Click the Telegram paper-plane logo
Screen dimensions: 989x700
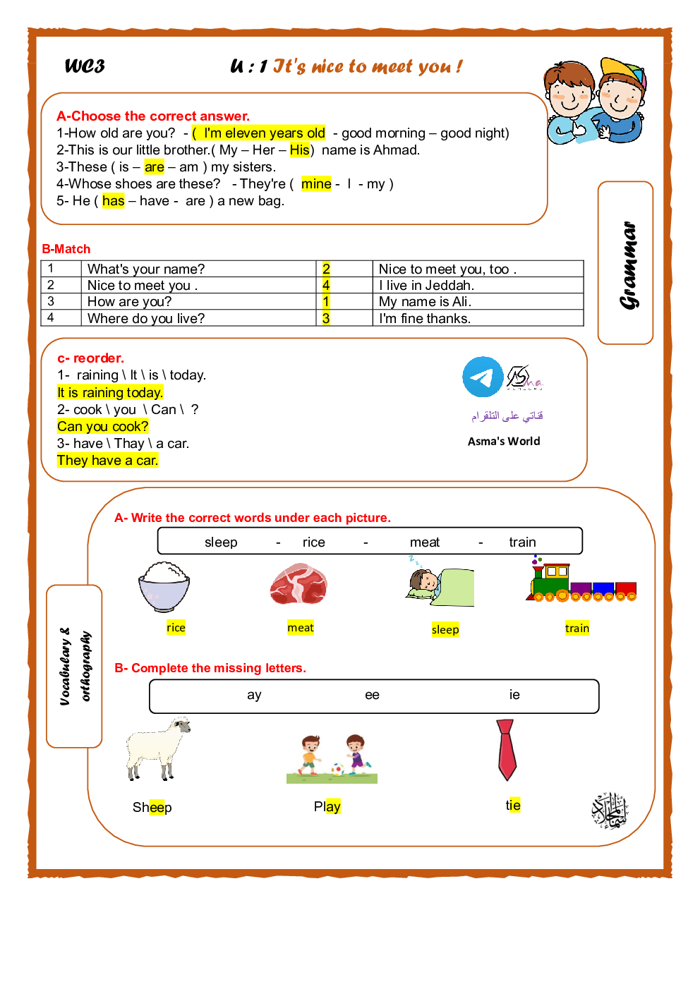[483, 377]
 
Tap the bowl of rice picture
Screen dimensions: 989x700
[164, 585]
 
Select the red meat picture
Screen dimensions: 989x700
[298, 584]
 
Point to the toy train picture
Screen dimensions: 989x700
[581, 581]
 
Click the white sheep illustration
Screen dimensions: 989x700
[157, 748]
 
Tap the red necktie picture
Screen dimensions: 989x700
[506, 749]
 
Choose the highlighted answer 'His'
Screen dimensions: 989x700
[300, 150]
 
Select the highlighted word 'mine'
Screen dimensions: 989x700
[316, 184]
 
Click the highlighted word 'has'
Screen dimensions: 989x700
[114, 201]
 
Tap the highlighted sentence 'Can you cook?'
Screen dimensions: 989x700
[103, 427]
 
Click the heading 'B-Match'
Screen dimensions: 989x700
[66, 249]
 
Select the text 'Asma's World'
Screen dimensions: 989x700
[504, 442]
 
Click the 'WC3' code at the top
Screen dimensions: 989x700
[85, 66]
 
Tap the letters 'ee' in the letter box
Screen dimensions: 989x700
[372, 696]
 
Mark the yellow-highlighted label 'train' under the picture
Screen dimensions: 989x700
[577, 629]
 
